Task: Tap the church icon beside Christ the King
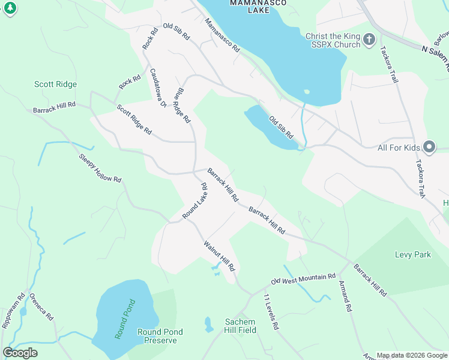(369, 40)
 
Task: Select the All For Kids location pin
(429, 147)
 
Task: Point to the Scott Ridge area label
(55, 85)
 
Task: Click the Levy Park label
(412, 254)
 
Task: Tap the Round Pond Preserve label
(160, 336)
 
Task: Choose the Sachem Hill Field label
(240, 326)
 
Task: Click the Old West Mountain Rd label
(303, 279)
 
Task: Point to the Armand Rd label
(345, 296)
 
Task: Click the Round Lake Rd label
(194, 200)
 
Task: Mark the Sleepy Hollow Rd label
(100, 168)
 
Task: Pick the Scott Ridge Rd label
(134, 120)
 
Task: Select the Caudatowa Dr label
(158, 87)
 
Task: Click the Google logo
(20, 353)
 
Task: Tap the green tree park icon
(10, 7)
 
